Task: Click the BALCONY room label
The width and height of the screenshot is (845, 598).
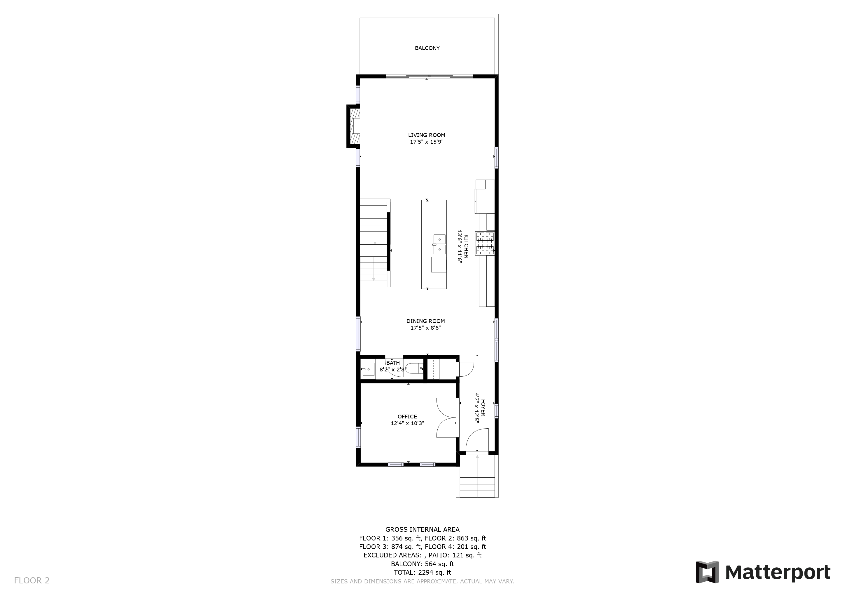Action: pos(427,48)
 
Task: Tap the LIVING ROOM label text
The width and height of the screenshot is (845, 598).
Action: pos(427,135)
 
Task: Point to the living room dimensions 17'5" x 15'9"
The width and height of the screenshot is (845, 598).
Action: pos(427,142)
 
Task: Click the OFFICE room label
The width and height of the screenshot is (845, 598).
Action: pos(407,416)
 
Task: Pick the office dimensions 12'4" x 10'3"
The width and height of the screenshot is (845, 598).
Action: pos(407,423)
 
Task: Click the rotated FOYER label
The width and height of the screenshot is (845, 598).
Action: pos(483,408)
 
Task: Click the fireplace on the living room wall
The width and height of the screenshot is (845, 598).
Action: pos(353,126)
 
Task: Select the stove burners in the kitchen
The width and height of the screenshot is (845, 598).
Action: pos(485,244)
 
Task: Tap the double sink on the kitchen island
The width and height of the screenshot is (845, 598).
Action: pos(439,244)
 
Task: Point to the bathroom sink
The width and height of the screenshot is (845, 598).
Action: pos(368,369)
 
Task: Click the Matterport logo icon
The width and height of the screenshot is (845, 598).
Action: pos(707,572)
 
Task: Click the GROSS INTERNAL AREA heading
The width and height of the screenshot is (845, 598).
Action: pos(423,529)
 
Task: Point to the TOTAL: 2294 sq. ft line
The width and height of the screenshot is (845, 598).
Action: pos(423,572)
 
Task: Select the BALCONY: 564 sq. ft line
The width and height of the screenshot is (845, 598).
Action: pos(423,564)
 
